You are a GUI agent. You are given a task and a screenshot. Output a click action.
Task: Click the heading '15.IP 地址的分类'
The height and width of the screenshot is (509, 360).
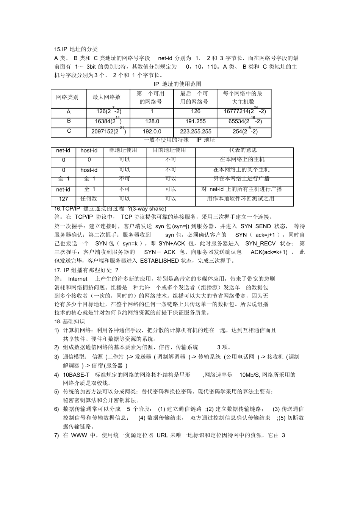point(76,49)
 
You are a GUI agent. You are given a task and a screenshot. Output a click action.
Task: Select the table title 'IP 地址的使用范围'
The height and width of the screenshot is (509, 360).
point(177,84)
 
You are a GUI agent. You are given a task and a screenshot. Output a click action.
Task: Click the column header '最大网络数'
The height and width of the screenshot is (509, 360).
point(106,97)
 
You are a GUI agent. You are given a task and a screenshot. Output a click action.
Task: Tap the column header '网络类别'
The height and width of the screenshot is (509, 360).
point(67,97)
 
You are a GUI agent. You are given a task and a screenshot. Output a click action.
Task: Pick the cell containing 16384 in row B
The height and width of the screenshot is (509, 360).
point(108,121)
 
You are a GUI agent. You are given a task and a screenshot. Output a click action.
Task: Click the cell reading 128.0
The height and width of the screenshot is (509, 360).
point(152,121)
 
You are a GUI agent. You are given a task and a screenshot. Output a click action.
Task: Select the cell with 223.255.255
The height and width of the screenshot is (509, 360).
point(196,131)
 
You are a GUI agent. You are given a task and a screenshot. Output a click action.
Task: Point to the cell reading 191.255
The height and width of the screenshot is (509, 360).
point(196,121)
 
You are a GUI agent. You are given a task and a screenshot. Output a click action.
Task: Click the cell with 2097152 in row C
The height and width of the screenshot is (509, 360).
point(108,131)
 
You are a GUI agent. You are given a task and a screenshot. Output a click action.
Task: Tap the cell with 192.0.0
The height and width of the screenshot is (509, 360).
point(152,131)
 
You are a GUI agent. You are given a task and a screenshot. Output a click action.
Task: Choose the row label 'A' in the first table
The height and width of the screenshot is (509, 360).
point(69,112)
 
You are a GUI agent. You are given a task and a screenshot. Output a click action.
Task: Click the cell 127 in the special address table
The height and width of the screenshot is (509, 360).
point(64,199)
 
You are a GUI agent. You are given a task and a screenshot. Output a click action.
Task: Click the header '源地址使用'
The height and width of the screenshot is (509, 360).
point(123,150)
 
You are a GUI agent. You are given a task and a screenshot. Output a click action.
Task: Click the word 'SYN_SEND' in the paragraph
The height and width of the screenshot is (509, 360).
point(256,226)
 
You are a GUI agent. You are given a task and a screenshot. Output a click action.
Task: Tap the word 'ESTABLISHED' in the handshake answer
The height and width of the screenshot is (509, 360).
point(159,261)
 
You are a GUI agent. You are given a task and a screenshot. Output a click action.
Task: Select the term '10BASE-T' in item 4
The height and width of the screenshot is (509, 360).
point(76,375)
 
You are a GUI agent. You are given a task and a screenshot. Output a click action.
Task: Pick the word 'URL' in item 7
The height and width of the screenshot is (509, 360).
point(162,435)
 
